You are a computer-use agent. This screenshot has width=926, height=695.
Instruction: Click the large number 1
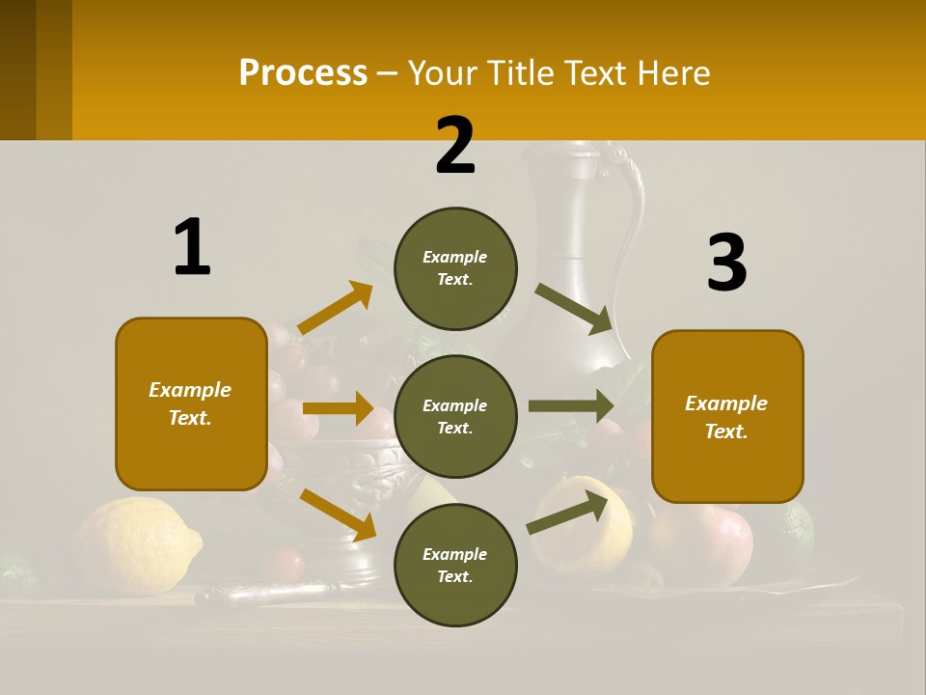192,247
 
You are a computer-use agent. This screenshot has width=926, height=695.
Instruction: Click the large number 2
455,146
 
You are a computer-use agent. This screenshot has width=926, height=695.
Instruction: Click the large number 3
726,263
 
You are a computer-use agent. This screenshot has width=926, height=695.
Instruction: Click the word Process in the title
303,72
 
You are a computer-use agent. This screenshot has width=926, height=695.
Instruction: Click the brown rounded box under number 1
191,403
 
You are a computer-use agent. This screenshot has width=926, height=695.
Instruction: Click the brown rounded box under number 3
727,416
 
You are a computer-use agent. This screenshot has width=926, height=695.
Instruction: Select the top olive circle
455,268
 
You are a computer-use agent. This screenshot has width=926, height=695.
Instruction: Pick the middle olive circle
455,416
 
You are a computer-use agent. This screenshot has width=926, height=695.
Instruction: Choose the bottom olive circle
455,565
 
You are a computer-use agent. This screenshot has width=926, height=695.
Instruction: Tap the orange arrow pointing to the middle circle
337,408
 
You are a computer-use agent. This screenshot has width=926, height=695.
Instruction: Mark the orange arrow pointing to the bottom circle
339,514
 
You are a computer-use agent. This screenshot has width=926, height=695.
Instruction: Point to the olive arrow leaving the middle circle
571,405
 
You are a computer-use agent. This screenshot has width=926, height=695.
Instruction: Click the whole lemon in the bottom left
135,545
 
